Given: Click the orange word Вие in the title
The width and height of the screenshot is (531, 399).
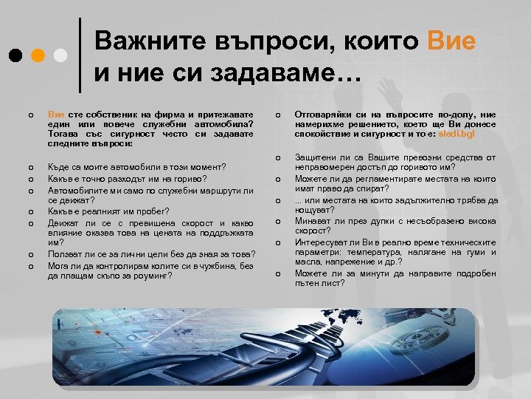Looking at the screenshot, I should coord(451,41).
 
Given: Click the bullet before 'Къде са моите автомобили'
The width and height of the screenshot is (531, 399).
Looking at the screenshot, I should coord(29,168).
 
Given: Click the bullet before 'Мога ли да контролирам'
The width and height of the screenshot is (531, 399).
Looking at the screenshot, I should coord(29,266).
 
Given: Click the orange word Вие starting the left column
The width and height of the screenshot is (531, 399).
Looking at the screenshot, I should coord(55,114).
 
